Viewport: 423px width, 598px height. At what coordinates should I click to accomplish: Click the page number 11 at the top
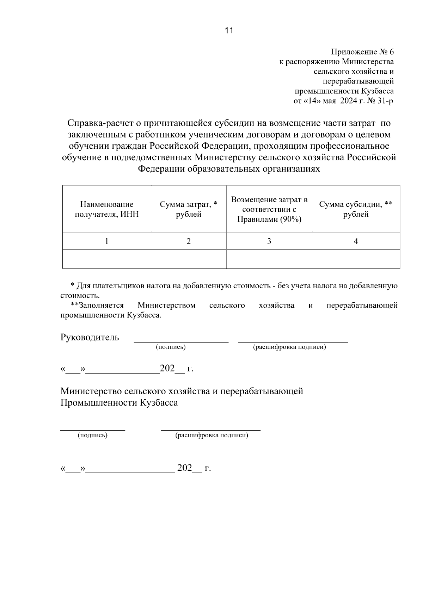pyautogui.click(x=229, y=30)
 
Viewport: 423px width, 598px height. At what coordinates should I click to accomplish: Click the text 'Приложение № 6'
pyautogui.click(x=362, y=52)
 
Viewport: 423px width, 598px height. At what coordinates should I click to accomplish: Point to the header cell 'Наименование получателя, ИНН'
pyautogui.click(x=106, y=209)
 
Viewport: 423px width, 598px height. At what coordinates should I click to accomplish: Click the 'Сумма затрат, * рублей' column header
pyautogui.click(x=188, y=209)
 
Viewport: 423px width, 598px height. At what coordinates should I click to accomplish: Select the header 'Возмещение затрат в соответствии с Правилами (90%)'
pyautogui.click(x=269, y=209)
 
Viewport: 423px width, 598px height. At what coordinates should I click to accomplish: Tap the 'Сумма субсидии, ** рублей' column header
pyautogui.click(x=356, y=209)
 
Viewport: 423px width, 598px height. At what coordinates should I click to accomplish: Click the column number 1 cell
pyautogui.click(x=106, y=241)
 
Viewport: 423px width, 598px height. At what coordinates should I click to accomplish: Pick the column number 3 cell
pyautogui.click(x=269, y=241)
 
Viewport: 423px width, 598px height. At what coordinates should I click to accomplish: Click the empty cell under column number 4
pyautogui.click(x=356, y=259)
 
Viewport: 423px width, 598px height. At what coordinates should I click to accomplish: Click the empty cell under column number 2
pyautogui.click(x=188, y=259)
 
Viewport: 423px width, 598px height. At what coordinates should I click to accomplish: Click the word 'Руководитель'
pyautogui.click(x=90, y=337)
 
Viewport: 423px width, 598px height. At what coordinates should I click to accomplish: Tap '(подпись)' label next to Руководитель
pyautogui.click(x=171, y=347)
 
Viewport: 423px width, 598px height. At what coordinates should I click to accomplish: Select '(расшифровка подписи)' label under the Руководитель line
pyautogui.click(x=289, y=347)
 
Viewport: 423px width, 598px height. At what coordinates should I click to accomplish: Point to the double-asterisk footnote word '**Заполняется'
pyautogui.click(x=97, y=305)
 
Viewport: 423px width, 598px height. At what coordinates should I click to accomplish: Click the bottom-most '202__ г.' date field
pyautogui.click(x=194, y=468)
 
